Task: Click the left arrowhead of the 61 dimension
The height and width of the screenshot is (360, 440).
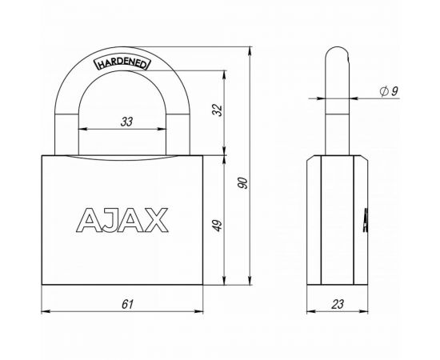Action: (43, 312)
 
